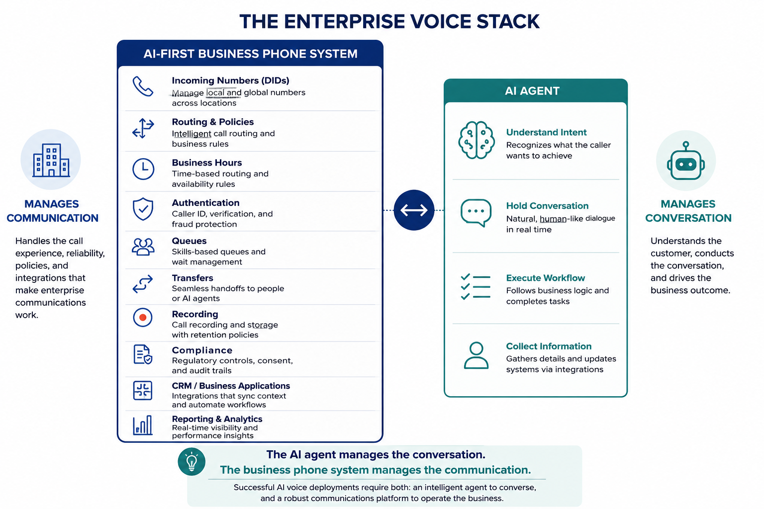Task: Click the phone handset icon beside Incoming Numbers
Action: pos(143,86)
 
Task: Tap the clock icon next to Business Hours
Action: pos(143,169)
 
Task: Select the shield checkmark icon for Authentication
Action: pos(143,209)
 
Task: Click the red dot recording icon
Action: pos(143,318)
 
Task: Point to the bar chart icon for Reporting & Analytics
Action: pos(143,425)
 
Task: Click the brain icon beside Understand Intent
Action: pos(477,140)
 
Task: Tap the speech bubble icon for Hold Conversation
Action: pos(476,213)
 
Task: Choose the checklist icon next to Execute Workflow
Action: pos(476,287)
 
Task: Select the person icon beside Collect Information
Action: pos(476,355)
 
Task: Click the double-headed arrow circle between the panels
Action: pos(414,210)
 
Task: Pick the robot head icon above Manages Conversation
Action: pos(686,161)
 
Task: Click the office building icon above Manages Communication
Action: pos(51,160)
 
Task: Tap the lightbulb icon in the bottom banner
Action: pos(191,462)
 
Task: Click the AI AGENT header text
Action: pos(532,91)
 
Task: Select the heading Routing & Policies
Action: pos(213,122)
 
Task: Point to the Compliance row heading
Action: pos(202,350)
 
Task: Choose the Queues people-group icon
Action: pos(143,247)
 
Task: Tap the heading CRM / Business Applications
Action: pos(231,386)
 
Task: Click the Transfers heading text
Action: pos(192,278)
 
